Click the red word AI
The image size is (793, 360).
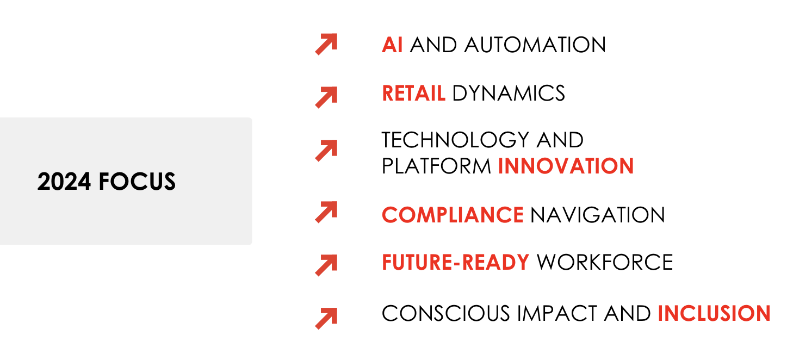click(x=392, y=45)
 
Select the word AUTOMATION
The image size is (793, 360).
click(x=535, y=45)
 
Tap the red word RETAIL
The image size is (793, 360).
click(x=413, y=94)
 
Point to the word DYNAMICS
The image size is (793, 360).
click(x=509, y=94)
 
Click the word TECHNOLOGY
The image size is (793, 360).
click(x=455, y=140)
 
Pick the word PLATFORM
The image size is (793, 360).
click(x=436, y=166)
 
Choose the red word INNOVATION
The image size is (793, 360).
click(x=566, y=166)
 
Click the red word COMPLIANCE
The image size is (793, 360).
click(x=453, y=215)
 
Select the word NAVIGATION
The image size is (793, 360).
click(x=598, y=215)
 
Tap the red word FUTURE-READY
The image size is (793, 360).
click(x=456, y=262)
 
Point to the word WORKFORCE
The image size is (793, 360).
click(x=605, y=262)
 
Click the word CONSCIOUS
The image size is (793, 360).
click(x=445, y=313)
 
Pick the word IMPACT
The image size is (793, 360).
click(x=557, y=313)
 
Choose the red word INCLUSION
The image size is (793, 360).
click(x=714, y=313)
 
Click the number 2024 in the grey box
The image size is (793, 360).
click(x=64, y=182)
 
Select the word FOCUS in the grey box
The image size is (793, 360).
click(x=137, y=182)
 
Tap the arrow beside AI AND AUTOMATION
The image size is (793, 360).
click(x=326, y=44)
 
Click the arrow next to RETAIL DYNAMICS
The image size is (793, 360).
click(x=326, y=97)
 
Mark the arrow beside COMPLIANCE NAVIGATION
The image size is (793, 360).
click(x=326, y=212)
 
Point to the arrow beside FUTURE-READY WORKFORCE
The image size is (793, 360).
click(x=326, y=265)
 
